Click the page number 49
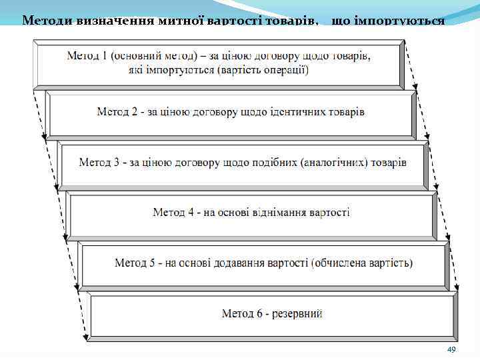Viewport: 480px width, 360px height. pos(451,350)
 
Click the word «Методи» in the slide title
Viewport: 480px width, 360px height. pos(44,21)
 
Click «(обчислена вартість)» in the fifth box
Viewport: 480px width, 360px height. pos(361,263)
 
